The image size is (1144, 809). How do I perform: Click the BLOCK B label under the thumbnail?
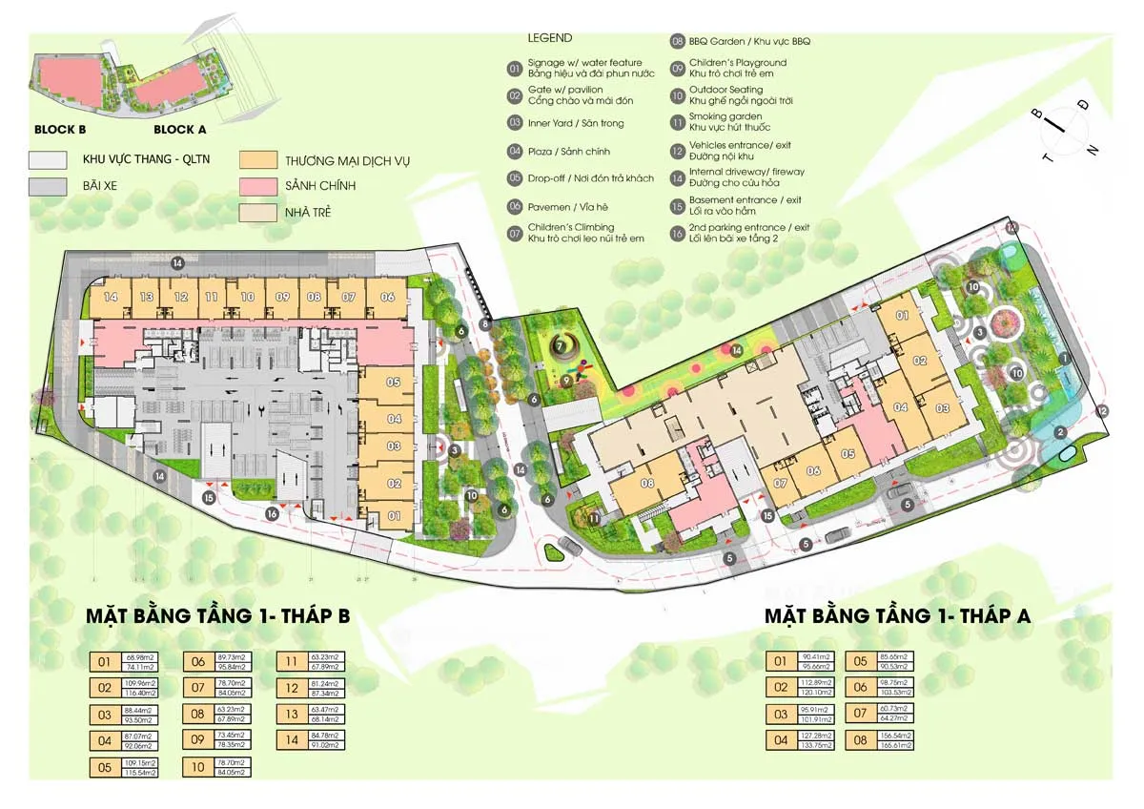coord(61,130)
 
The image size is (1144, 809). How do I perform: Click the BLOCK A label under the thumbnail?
coord(180,130)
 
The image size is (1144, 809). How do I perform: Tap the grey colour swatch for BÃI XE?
coord(48,185)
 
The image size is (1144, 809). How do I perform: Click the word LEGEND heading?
coord(550,38)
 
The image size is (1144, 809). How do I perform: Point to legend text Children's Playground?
coord(726,63)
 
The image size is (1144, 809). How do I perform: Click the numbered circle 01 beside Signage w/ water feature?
coord(515,69)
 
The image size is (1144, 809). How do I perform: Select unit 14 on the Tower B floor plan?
coord(111,298)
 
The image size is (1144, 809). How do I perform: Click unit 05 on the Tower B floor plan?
coord(393,383)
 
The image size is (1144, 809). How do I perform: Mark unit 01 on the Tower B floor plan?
coord(395,516)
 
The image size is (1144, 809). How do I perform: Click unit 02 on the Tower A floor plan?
coord(920,361)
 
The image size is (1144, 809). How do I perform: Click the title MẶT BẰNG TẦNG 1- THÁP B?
coord(218,616)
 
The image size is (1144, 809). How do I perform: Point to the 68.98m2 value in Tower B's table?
coord(142,656)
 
